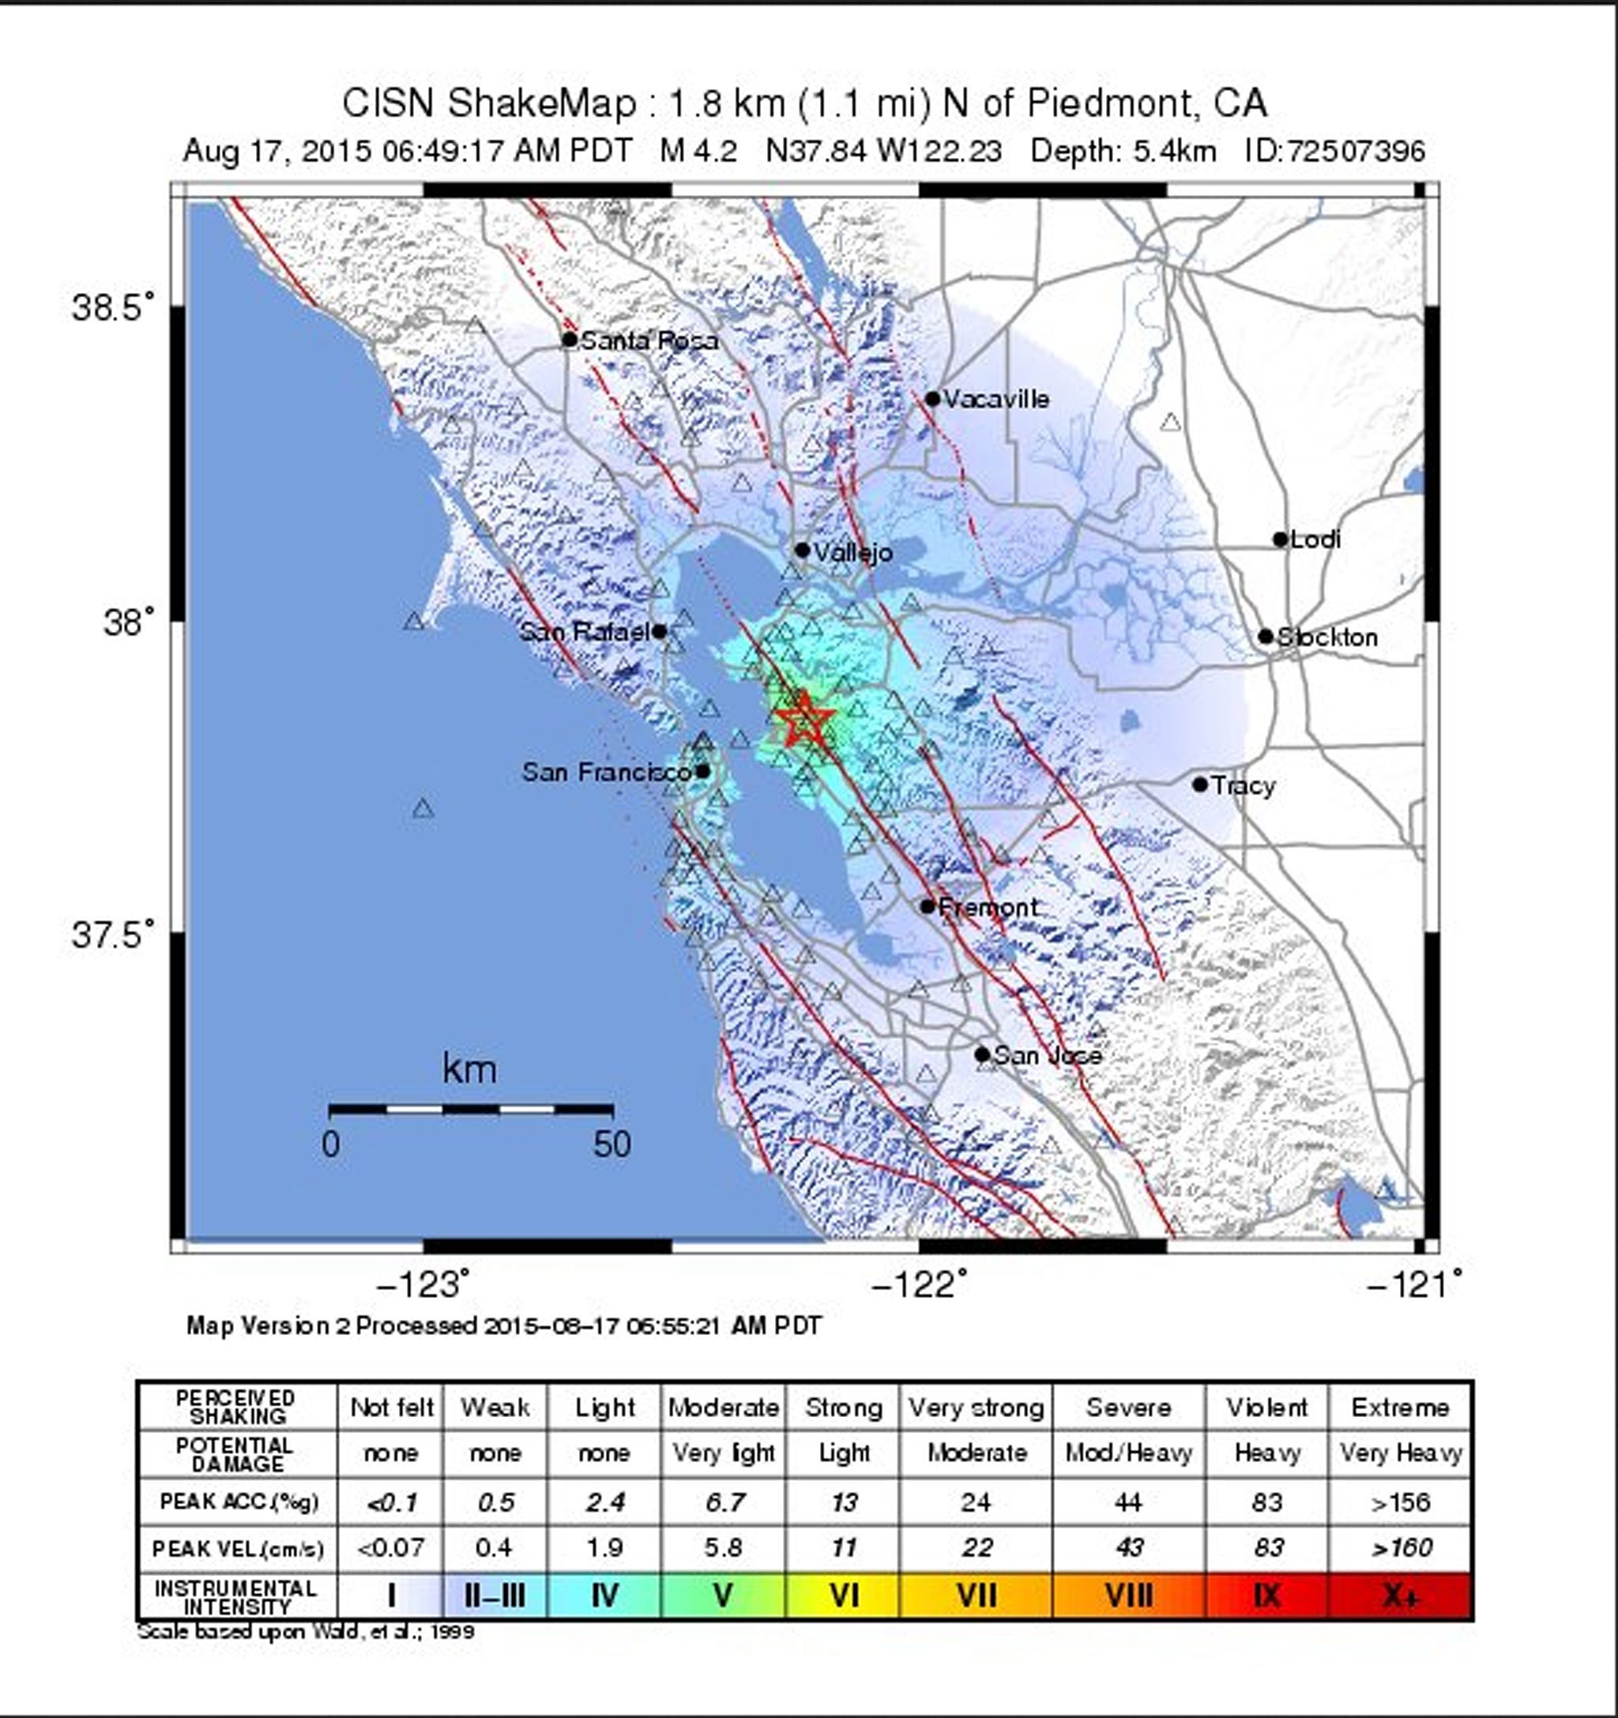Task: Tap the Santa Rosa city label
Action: coord(649,340)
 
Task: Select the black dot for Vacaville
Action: coord(931,399)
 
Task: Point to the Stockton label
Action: coord(1326,637)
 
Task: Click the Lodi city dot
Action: coord(1280,539)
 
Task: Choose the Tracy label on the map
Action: coord(1242,786)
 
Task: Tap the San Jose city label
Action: coord(1047,1055)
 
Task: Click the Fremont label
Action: coord(988,908)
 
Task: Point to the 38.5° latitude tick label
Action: coord(112,307)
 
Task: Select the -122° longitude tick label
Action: coord(917,1285)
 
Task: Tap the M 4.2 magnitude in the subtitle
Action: coord(698,151)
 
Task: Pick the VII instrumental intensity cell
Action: coord(976,1596)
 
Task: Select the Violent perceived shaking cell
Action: coord(1266,1408)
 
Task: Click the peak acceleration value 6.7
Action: coord(724,1502)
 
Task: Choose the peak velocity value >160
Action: coord(1399,1547)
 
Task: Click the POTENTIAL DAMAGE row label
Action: coord(236,1454)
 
